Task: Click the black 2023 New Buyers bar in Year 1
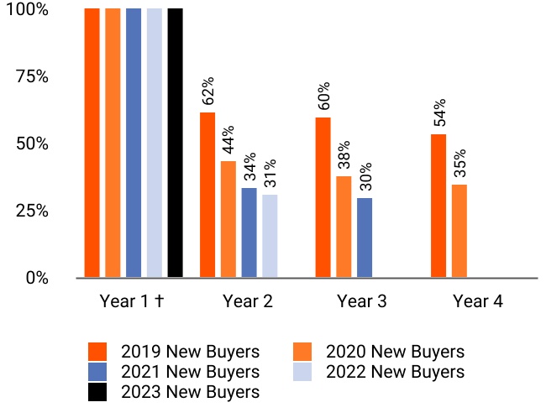pos(175,143)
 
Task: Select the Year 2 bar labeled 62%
pos(207,195)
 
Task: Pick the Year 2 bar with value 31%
pos(270,236)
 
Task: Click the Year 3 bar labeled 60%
pos(323,197)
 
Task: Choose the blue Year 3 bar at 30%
pos(365,238)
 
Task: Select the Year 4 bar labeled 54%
pos(438,206)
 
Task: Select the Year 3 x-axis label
pos(362,302)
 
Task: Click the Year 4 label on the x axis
pos(477,302)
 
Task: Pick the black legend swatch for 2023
pos(99,391)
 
